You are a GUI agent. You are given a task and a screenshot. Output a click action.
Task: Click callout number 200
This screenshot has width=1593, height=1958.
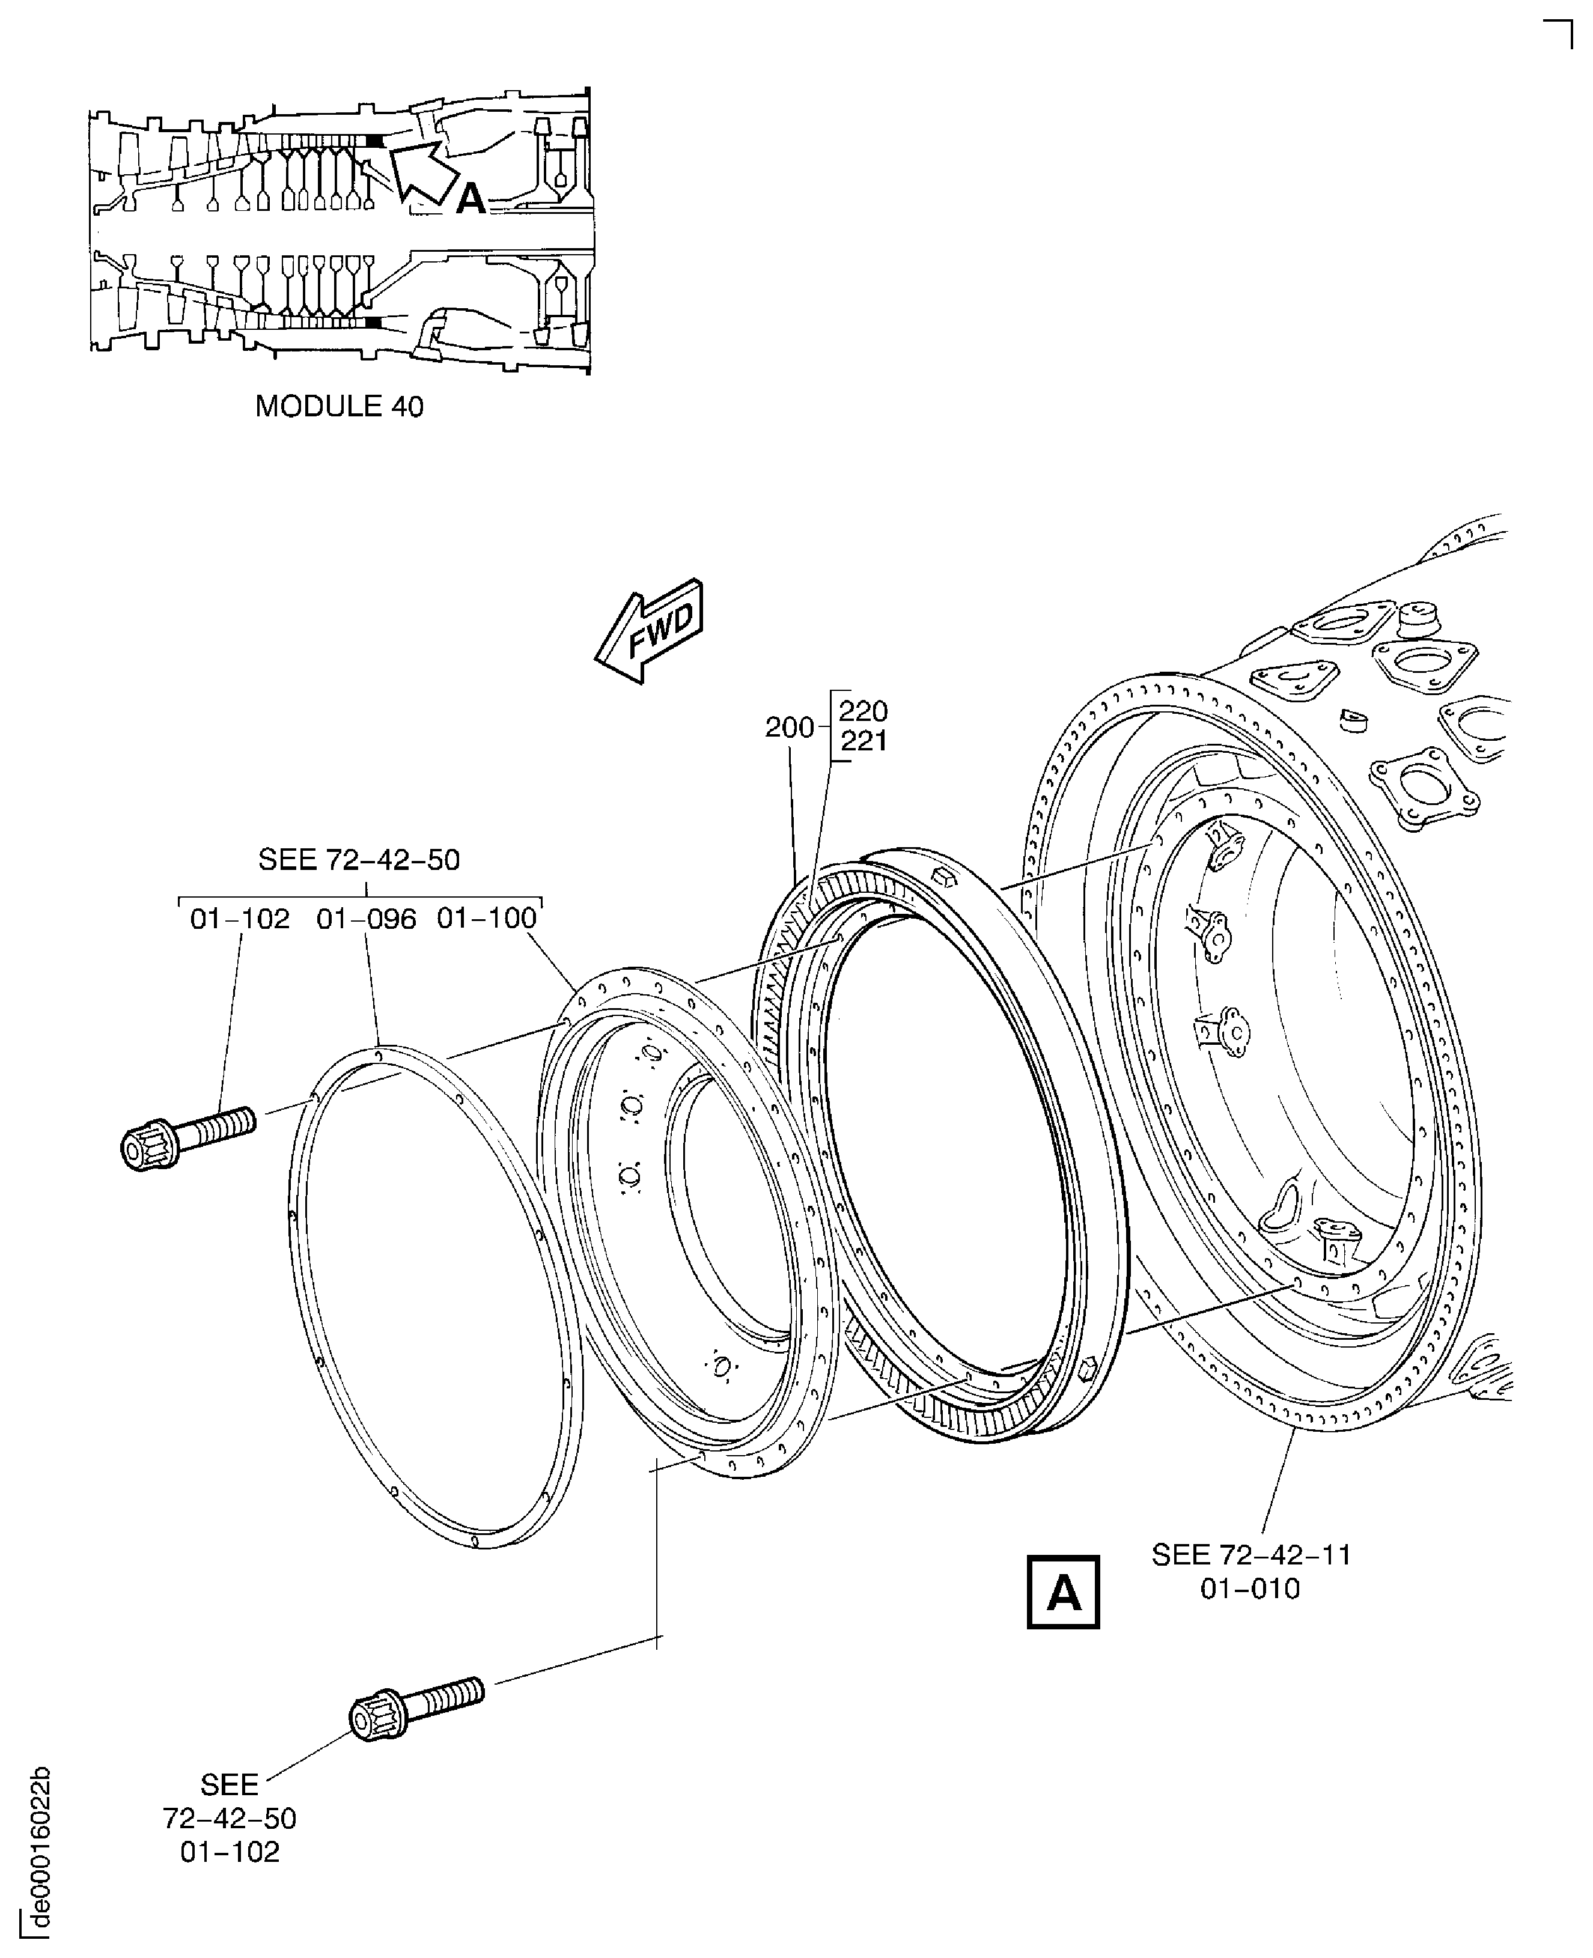click(789, 728)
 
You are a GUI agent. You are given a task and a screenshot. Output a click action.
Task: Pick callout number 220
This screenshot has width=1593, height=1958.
click(864, 711)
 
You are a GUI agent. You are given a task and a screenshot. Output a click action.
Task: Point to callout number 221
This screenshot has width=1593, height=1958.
click(864, 741)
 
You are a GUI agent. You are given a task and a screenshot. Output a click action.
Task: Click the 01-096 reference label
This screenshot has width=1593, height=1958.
click(366, 919)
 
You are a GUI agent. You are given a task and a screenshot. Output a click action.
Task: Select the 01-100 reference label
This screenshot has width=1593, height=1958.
click(486, 917)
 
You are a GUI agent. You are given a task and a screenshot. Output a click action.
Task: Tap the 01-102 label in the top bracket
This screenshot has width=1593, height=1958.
click(240, 919)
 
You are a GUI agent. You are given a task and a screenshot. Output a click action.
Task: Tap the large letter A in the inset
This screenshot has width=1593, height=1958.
click(471, 198)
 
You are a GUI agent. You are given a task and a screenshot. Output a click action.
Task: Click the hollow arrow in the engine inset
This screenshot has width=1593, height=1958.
click(424, 171)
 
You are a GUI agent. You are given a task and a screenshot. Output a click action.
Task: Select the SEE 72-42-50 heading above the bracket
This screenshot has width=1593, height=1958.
click(359, 860)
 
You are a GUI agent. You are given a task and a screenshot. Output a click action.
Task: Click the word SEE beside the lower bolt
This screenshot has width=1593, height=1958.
click(230, 1784)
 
